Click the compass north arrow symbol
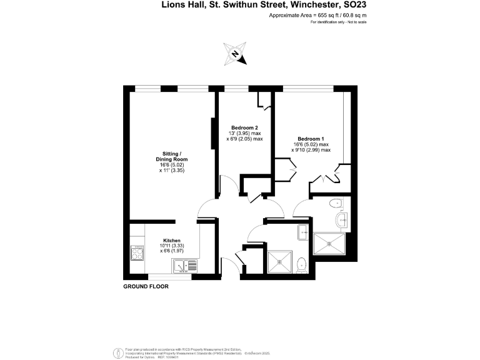click(x=235, y=54)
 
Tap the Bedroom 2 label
click(x=244, y=127)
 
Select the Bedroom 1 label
click(x=311, y=138)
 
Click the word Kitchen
click(x=172, y=241)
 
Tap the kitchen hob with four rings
click(x=137, y=252)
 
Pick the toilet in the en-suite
click(x=337, y=202)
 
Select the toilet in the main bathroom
click(x=302, y=264)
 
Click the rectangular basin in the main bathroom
click(x=304, y=233)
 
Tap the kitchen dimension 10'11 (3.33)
click(x=172, y=246)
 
